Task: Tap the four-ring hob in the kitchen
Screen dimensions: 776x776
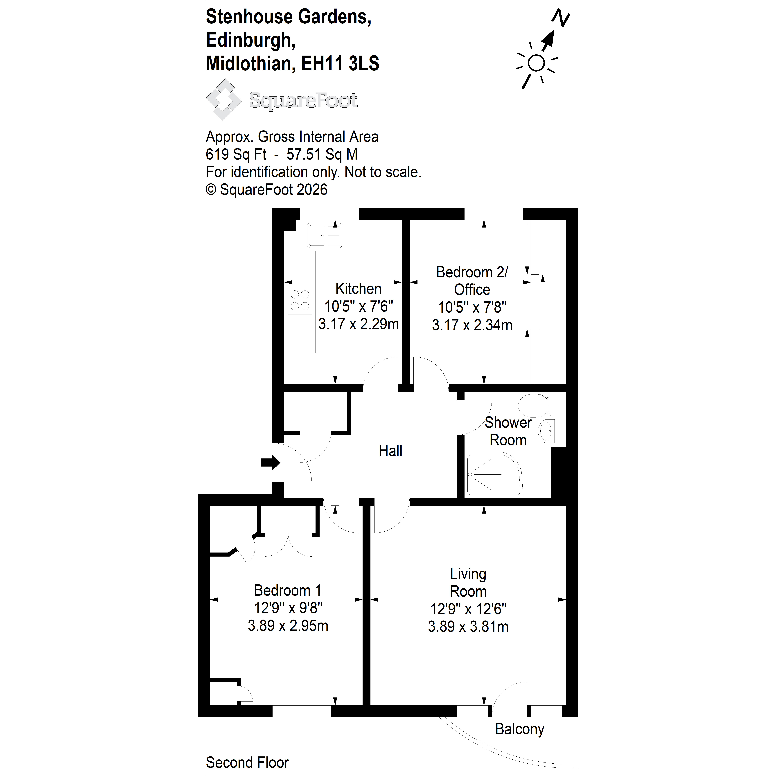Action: tap(300, 300)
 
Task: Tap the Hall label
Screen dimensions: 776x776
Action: tap(390, 451)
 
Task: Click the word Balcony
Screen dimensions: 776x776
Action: tap(519, 729)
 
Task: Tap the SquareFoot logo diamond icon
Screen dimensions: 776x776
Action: tap(224, 100)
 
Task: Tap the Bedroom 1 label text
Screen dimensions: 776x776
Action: tap(288, 590)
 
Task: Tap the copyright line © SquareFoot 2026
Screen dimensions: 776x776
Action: tap(267, 190)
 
